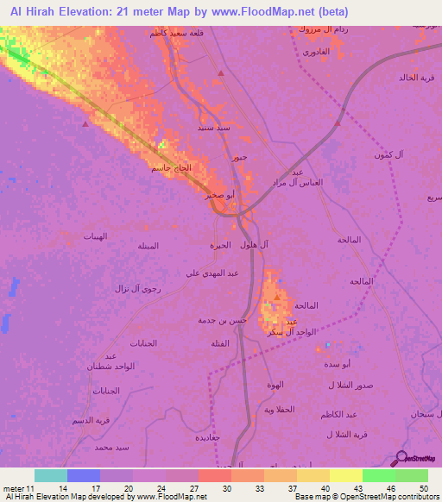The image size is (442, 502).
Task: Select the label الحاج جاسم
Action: (166, 167)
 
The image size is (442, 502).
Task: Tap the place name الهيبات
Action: (94, 235)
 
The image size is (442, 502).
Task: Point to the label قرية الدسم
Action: (92, 420)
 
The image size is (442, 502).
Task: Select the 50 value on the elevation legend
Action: (422, 488)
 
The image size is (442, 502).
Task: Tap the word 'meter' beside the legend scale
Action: (13, 488)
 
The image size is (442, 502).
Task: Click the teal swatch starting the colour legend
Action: (50, 475)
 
